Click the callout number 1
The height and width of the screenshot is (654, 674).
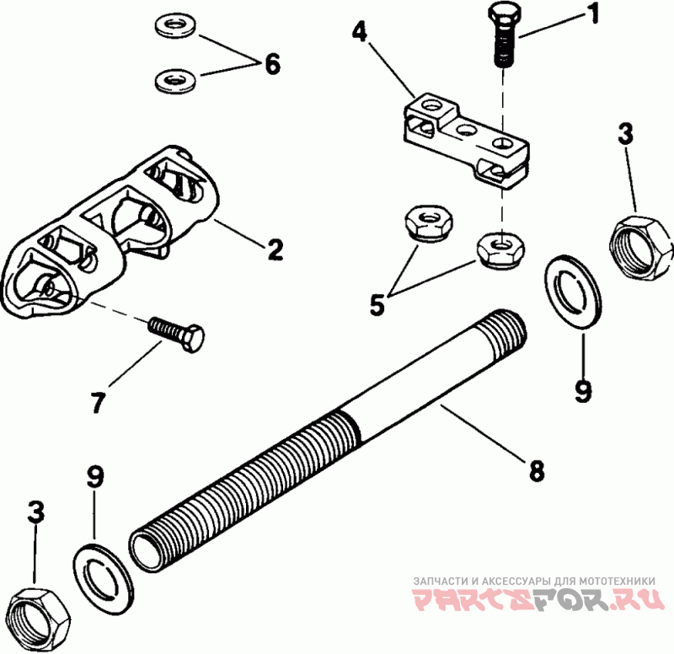click(594, 14)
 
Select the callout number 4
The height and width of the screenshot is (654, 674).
click(360, 31)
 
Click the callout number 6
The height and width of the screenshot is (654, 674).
click(272, 65)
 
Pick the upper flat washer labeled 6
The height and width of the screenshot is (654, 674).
click(175, 27)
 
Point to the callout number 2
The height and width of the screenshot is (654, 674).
click(275, 249)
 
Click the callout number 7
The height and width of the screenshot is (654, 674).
click(98, 403)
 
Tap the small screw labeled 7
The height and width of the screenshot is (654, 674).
click(176, 334)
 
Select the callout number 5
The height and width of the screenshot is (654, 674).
click(377, 305)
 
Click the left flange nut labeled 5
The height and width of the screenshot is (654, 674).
click(427, 222)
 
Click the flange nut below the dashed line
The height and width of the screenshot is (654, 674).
click(501, 250)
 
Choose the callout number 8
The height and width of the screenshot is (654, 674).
click(537, 470)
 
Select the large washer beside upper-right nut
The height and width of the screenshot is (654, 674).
click(573, 292)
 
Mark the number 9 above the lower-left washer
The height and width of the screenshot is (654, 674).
click(95, 476)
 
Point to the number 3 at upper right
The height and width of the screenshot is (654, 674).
click(625, 134)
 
